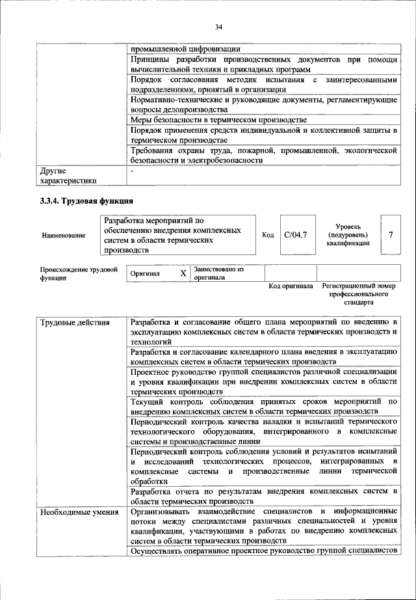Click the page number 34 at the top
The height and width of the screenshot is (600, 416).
219,27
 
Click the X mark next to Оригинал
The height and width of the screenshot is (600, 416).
183,274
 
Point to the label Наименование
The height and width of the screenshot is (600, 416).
63,235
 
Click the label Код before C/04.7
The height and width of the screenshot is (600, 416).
268,234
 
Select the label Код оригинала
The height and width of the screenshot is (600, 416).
291,286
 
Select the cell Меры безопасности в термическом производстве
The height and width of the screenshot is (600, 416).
218,120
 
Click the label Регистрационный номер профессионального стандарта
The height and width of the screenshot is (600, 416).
358,294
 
